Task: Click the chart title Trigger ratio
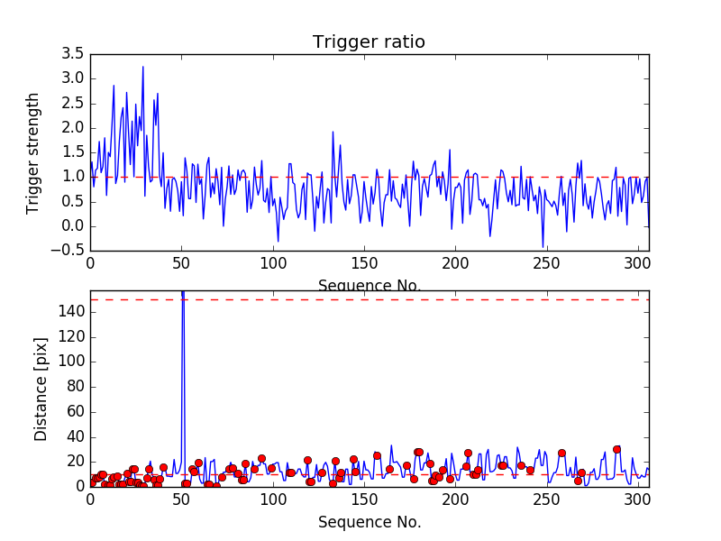tap(369, 42)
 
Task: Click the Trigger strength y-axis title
tap(33, 152)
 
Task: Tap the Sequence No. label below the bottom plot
tap(369, 521)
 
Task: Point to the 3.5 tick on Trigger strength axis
tap(72, 54)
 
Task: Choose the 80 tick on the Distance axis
tap(75, 387)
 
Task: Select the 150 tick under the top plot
tap(364, 263)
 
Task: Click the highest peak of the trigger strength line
tap(142, 67)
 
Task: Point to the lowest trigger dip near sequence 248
tap(543, 246)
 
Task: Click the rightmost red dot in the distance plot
tap(616, 449)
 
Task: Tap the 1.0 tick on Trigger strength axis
tap(72, 177)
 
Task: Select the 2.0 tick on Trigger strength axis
tap(72, 128)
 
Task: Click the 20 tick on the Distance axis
tap(75, 462)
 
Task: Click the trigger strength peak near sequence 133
tap(333, 133)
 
